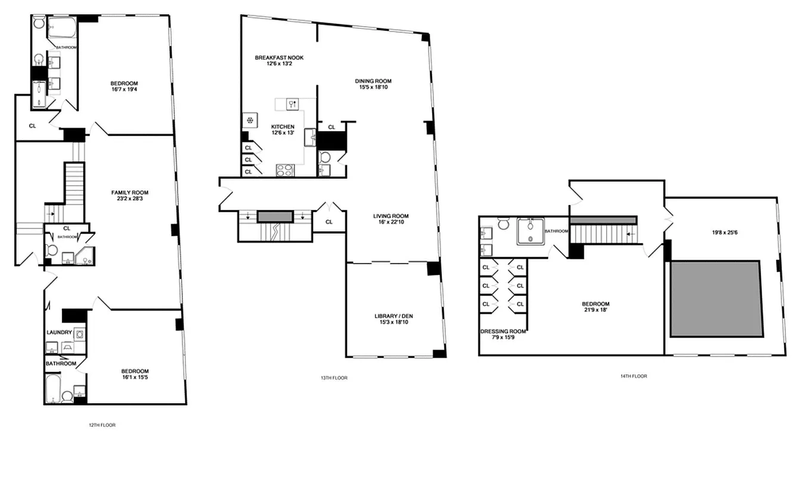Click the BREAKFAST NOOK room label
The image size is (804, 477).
coord(279,58)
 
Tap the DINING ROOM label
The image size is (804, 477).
coord(373,81)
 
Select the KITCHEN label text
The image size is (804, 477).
coord(283,127)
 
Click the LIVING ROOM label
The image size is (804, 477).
coord(391,216)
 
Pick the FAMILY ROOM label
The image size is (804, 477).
coord(130,193)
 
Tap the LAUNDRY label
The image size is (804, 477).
coord(59,333)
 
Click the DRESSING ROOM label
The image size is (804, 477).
coord(503,332)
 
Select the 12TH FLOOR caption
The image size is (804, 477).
coord(102,425)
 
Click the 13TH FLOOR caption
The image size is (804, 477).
coord(334,378)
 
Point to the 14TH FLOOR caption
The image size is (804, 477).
coord(634,376)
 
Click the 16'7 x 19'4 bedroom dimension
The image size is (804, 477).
coord(124,90)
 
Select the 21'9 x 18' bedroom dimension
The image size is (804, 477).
coord(596,310)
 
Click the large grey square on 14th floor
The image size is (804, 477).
coord(716,298)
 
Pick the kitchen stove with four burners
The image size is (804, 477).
coord(285,170)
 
